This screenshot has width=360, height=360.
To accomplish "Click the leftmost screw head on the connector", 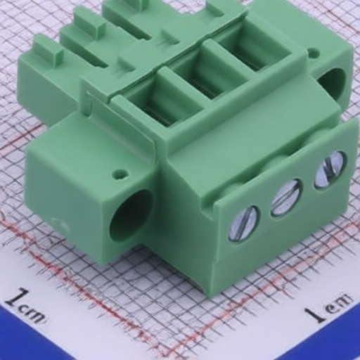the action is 245,224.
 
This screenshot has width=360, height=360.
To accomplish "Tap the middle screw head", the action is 286,198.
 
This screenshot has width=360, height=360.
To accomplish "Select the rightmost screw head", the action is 330,169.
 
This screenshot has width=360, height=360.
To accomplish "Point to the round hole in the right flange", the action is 333,81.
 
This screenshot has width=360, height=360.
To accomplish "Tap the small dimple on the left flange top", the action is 120,174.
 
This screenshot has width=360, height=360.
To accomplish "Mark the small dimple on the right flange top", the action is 314,53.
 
